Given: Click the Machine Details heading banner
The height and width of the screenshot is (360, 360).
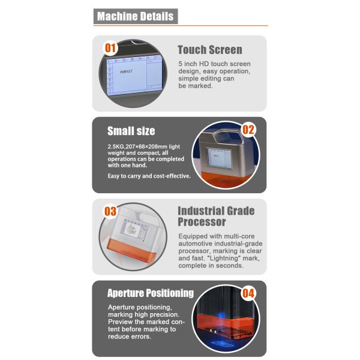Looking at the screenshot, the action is point(136,16).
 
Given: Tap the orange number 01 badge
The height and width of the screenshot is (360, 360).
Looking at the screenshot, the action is point(110,48).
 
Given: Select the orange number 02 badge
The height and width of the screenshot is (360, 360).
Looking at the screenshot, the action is point(248,130).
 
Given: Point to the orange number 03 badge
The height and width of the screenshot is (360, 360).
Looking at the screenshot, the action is point(110,211).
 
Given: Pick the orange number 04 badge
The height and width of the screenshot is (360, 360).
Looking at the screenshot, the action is point(248,293).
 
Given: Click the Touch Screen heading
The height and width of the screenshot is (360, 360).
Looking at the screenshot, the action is point(210,50).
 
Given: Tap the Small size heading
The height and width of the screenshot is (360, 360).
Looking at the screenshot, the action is point(131,131).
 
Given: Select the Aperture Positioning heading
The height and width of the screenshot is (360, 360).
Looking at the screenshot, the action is point(151,293).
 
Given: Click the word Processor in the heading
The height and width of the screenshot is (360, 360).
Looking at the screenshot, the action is point(202,222).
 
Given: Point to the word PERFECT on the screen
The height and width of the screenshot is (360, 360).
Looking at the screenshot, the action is point(126,71).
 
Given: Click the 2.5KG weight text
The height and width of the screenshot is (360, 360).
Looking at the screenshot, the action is point(116,146).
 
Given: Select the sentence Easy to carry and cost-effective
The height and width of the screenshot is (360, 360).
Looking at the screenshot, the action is point(149,176).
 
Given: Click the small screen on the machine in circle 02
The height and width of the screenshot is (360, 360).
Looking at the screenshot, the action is point(219,158).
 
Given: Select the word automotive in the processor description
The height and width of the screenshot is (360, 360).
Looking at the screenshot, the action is point(194,244).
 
